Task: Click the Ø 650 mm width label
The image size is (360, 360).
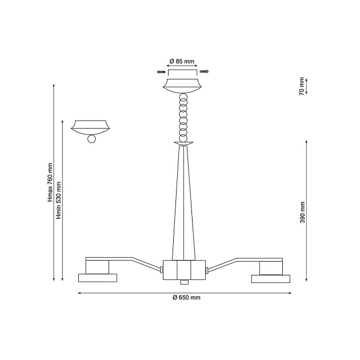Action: [x=186, y=298]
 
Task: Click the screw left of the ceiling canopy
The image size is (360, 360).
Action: [x=161, y=71]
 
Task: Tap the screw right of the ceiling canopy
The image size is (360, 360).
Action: [x=204, y=71]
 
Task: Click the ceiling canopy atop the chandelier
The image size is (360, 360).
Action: [x=183, y=86]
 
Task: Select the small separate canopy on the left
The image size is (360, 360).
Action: [x=91, y=126]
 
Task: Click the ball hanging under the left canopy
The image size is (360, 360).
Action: [x=91, y=139]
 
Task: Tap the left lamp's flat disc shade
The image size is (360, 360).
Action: [x=97, y=278]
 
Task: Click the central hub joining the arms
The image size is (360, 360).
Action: [x=183, y=269]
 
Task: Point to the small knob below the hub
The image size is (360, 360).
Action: [x=183, y=282]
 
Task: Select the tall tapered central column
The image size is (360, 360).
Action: [x=183, y=206]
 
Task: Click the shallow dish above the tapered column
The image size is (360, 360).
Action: [x=183, y=143]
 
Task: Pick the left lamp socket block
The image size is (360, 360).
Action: [x=97, y=267]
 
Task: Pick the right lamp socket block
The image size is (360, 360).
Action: [x=270, y=267]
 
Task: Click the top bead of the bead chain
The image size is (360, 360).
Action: [x=183, y=98]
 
